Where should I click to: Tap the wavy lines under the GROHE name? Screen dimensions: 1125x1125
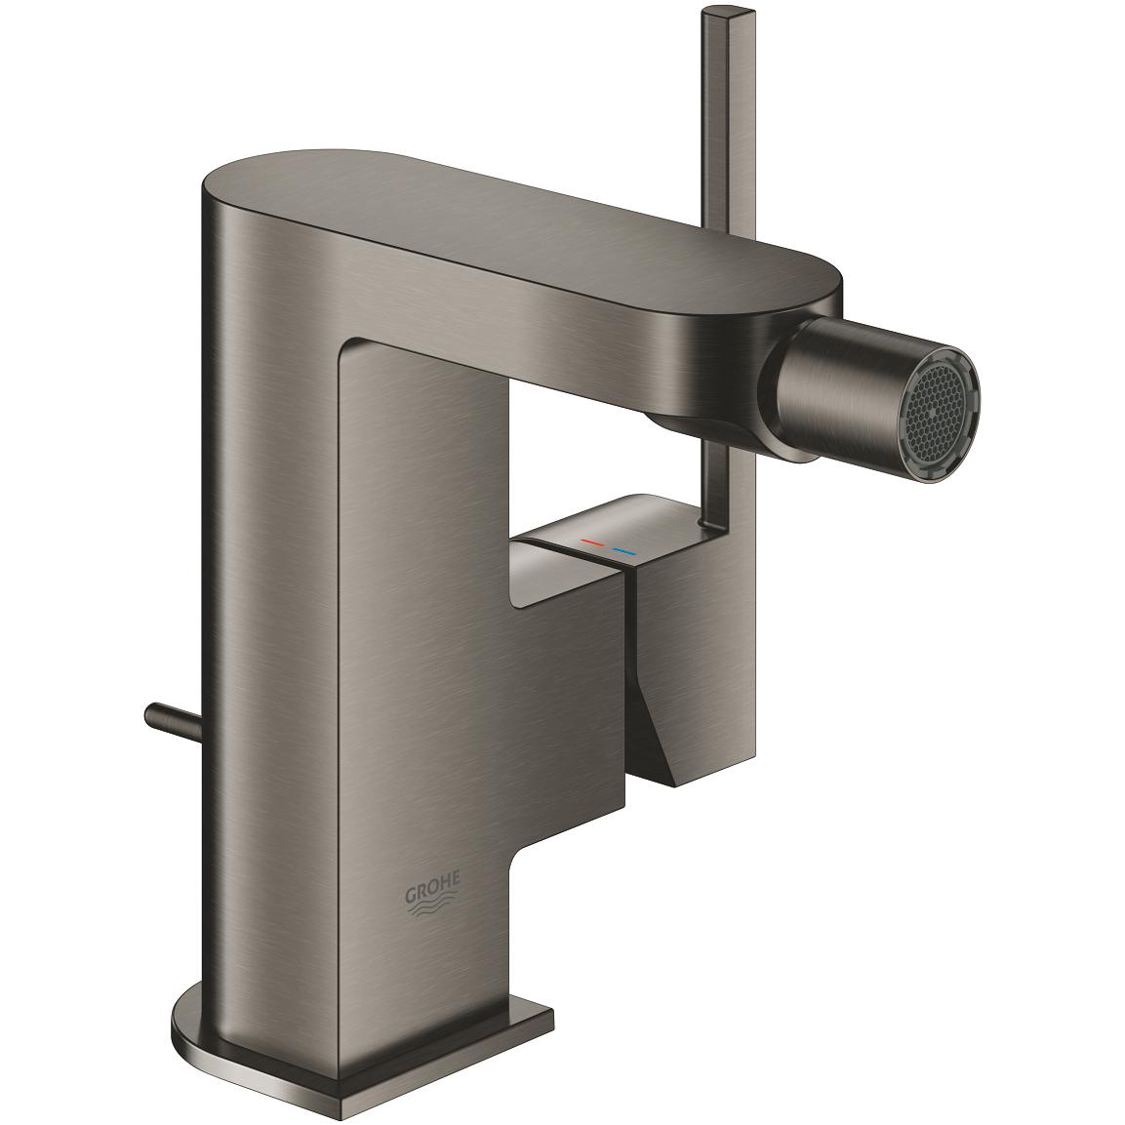click(x=434, y=908)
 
